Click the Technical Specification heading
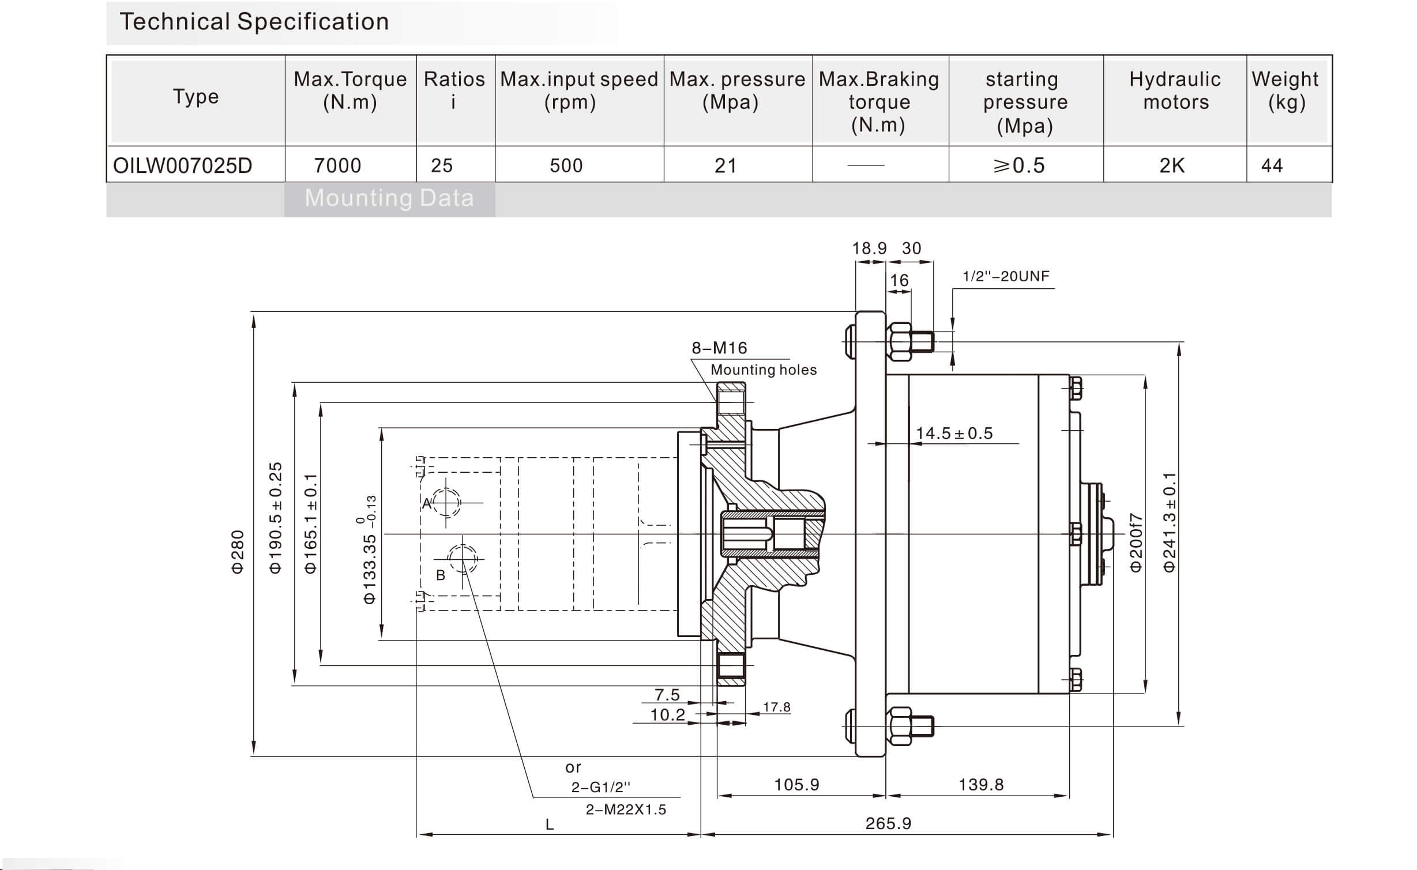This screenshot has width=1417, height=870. tap(254, 22)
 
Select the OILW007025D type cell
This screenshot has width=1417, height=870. tap(183, 165)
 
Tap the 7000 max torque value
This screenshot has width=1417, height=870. tap(337, 165)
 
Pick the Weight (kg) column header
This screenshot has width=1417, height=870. tap(1286, 91)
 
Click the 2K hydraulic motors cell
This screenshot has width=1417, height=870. tap(1172, 165)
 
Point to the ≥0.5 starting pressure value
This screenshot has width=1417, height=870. tap(1018, 165)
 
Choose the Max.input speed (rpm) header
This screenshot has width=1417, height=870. tap(578, 91)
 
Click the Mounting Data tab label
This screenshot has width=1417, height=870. tap(389, 198)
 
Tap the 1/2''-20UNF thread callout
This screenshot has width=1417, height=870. tap(1006, 277)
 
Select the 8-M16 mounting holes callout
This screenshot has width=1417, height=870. tap(719, 348)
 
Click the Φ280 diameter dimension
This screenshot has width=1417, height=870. tap(238, 552)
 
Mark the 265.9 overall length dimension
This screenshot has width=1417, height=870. tap(888, 823)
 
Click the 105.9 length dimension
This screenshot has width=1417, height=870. tap(796, 785)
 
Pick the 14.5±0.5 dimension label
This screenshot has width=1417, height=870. tap(954, 434)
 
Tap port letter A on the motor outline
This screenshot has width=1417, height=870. tap(427, 503)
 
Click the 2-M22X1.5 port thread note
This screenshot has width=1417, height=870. tap(626, 810)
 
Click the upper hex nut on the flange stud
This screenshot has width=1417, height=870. tap(900, 341)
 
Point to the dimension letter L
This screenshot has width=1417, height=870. tap(550, 825)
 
